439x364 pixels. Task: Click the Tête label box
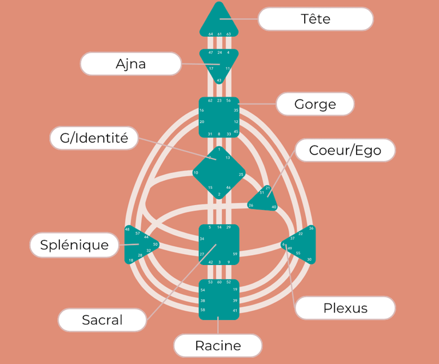coord(316,19)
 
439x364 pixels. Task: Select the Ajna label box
coord(131,64)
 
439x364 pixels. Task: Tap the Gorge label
coord(315,104)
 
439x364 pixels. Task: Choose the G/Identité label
coord(94,138)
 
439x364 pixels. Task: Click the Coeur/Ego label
coord(345,151)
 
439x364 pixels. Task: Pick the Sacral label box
coord(102,319)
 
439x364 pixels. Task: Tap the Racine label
coord(218,346)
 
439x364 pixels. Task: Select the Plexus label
coord(345,308)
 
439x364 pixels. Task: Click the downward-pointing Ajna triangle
coord(219,64)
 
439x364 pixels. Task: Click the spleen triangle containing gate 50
coord(138,245)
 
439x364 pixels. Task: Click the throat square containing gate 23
coord(219,117)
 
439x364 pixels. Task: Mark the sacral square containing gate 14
coord(219,244)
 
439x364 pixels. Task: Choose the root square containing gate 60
coord(219,299)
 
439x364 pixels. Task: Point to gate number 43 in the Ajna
coord(219,81)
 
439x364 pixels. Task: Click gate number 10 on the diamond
coord(196,173)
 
